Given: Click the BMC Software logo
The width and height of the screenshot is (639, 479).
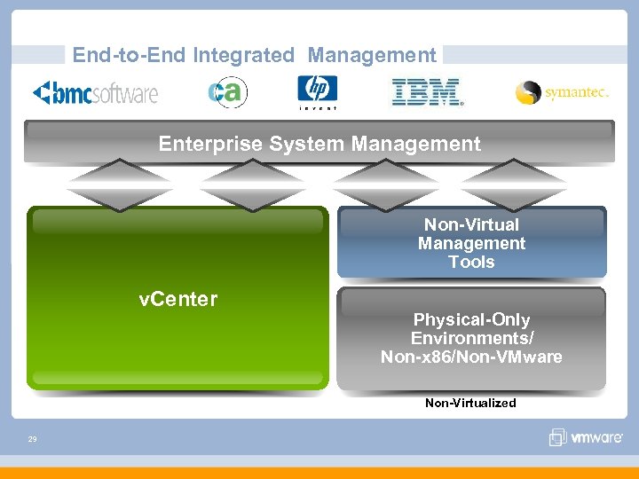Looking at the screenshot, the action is point(95,92).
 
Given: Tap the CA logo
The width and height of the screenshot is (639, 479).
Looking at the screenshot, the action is point(227,92).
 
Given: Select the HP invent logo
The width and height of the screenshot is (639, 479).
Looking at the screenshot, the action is point(317,92).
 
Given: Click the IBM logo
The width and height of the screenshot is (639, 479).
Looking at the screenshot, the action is point(426,92).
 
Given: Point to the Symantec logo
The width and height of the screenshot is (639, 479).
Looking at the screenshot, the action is point(562,92).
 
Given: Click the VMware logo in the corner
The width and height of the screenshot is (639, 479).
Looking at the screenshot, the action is point(587,436).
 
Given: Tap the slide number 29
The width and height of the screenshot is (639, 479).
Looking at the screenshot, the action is point(32,438).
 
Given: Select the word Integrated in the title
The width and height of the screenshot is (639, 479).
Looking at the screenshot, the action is point(243,55).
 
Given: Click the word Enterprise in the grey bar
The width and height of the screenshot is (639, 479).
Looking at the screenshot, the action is point(207,144).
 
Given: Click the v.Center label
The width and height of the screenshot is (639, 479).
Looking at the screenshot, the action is point(178,299).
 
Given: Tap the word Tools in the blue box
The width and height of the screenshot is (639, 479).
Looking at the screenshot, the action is point(471,262).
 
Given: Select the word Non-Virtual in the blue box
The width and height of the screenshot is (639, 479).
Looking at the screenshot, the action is point(471,224).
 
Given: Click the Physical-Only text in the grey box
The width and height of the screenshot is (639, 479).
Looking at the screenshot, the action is point(471,319).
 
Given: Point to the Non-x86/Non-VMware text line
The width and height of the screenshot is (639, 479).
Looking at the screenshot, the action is point(471,357).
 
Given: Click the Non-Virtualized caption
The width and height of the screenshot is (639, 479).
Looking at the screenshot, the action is point(470,403).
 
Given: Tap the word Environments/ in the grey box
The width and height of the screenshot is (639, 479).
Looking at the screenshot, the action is point(471,338).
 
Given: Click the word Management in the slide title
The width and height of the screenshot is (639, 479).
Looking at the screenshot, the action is point(372,55).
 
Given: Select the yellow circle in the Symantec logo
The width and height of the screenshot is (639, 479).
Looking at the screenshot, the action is point(529,92).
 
